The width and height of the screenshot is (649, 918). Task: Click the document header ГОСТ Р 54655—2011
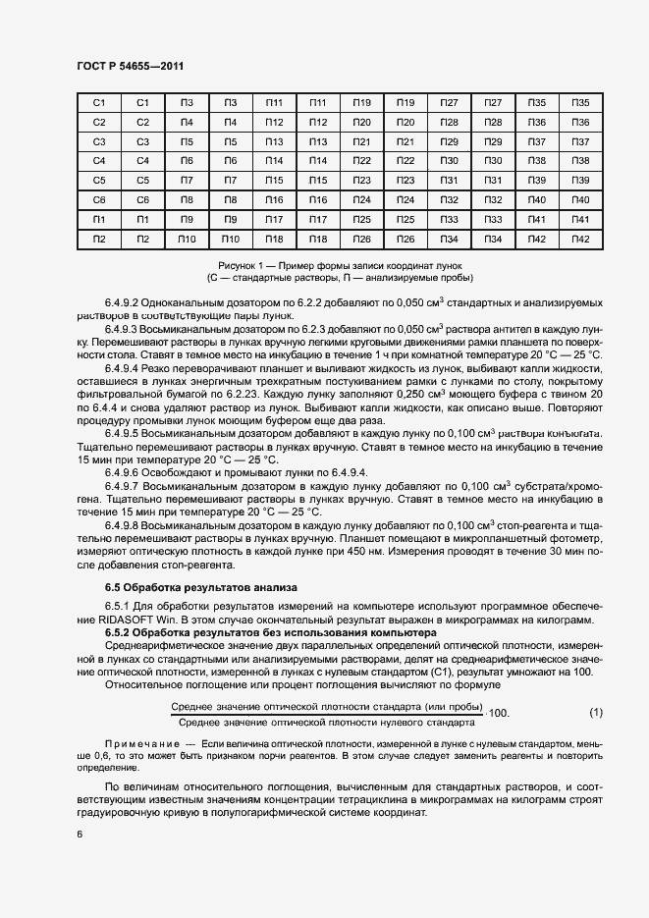130,66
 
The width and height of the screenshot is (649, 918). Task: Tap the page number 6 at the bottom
79,833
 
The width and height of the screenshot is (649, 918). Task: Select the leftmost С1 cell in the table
98,103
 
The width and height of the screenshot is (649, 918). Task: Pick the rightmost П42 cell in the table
580,240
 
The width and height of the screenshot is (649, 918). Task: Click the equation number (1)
596,711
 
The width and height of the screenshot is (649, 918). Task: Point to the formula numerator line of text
326,706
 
